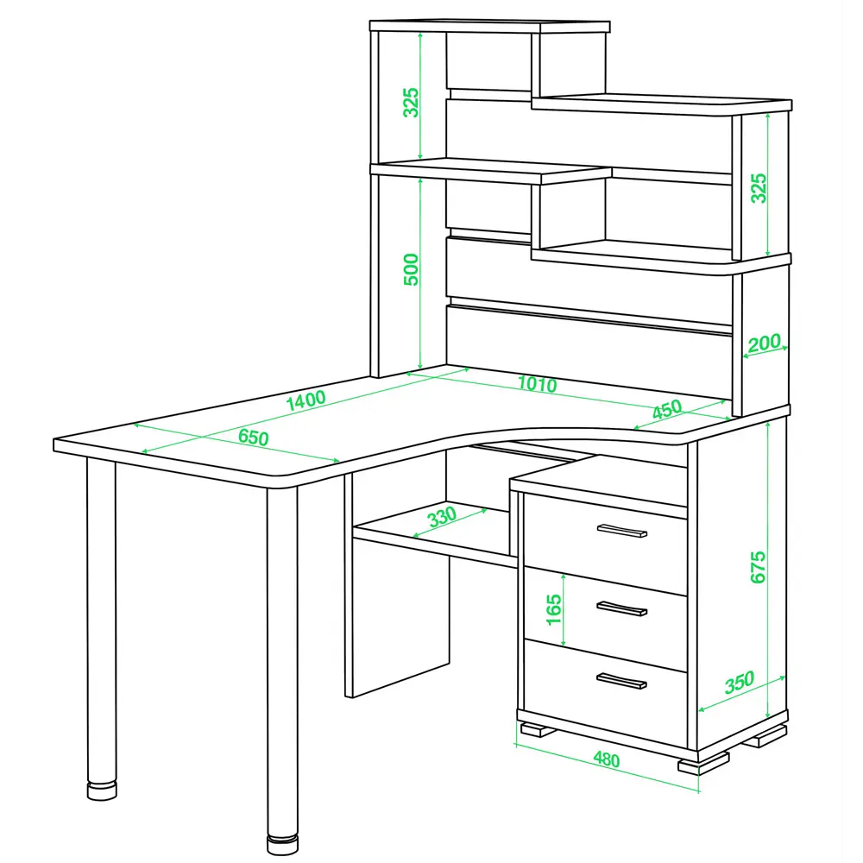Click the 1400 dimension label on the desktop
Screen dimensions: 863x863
pyautogui.click(x=306, y=400)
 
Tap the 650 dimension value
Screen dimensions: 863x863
pyautogui.click(x=254, y=437)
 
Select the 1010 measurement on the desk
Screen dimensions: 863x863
pyautogui.click(x=537, y=384)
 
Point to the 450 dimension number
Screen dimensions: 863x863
pyautogui.click(x=667, y=409)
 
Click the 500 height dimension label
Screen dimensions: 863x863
pyautogui.click(x=411, y=269)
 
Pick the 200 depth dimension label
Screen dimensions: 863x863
pyautogui.click(x=764, y=343)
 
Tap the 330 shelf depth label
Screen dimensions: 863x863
pyautogui.click(x=442, y=517)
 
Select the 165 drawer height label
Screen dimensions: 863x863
pyautogui.click(x=554, y=609)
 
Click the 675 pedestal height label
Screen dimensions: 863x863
pyautogui.click(x=758, y=567)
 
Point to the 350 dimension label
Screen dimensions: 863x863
pyautogui.click(x=740, y=683)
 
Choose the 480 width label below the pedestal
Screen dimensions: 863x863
pyautogui.click(x=607, y=759)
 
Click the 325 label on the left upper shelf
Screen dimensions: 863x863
pyautogui.click(x=411, y=103)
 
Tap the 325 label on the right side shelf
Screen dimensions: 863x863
pyautogui.click(x=759, y=188)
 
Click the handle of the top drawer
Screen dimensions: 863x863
pyautogui.click(x=622, y=531)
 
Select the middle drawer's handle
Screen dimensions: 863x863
pyautogui.click(x=622, y=608)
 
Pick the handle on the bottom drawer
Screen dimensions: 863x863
pyautogui.click(x=621, y=681)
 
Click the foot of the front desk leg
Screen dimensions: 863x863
pyautogui.click(x=282, y=845)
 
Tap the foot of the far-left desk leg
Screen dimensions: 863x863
pyautogui.click(x=102, y=790)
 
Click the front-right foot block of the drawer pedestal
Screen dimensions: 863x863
pyautogui.click(x=703, y=764)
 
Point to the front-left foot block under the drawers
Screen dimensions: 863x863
pyautogui.click(x=539, y=729)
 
